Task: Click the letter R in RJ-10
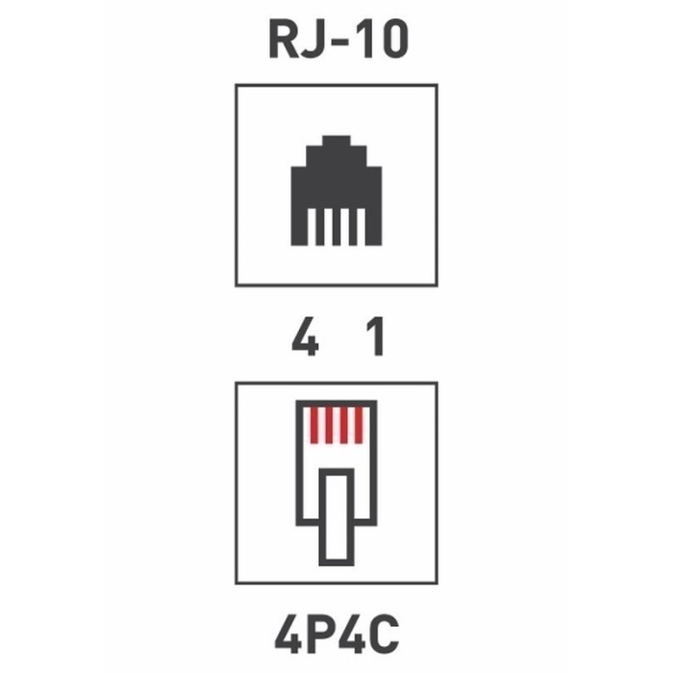pyautogui.click(x=283, y=40)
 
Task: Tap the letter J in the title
pyautogui.click(x=312, y=40)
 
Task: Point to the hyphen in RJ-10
pyautogui.click(x=337, y=43)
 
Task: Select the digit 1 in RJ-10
pyautogui.click(x=366, y=40)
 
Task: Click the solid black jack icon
pyautogui.click(x=336, y=190)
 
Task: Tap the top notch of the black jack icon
pyautogui.click(x=336, y=140)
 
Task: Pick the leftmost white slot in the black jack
pyautogui.click(x=312, y=227)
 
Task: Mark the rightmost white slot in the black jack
pyautogui.click(x=361, y=227)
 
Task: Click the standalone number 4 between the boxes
pyautogui.click(x=305, y=336)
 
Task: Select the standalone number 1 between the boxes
pyautogui.click(x=376, y=336)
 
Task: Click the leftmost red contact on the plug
pyautogui.click(x=315, y=425)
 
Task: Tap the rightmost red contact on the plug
pyautogui.click(x=359, y=425)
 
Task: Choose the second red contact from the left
pyautogui.click(x=330, y=425)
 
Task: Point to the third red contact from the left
pyautogui.click(x=344, y=425)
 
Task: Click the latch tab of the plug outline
pyautogui.click(x=336, y=517)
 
